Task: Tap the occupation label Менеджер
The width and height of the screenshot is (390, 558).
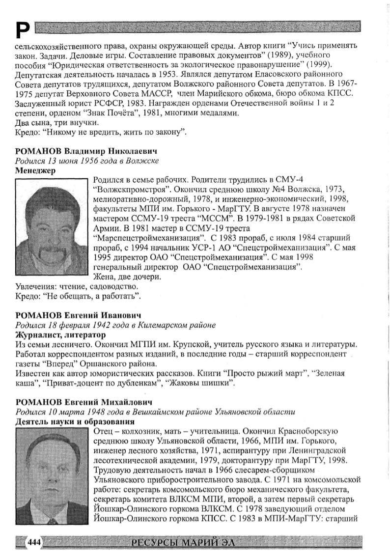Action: coord(35,170)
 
